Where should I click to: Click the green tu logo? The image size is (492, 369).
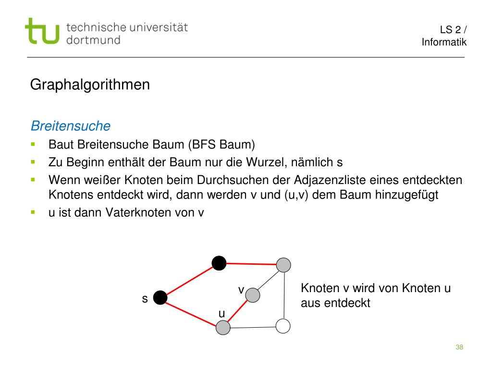[x=42, y=32]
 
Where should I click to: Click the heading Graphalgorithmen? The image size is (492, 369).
[x=90, y=85]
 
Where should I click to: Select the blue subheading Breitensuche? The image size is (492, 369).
[x=71, y=126]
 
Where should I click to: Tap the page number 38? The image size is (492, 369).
[x=459, y=347]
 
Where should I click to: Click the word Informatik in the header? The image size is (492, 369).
[x=444, y=42]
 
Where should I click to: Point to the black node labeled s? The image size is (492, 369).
[x=160, y=298]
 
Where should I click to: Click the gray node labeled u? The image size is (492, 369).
[x=223, y=328]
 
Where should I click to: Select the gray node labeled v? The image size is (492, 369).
[x=253, y=295]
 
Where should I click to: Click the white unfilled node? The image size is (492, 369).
[x=283, y=326]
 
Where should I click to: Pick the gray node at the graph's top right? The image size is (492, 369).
[x=284, y=264]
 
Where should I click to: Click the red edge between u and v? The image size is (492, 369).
[x=238, y=311]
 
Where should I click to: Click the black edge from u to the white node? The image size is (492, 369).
[x=253, y=327]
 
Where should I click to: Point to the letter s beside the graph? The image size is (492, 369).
[x=144, y=299]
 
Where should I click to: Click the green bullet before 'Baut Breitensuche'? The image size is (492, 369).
[x=33, y=144]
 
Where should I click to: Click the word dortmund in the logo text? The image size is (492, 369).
[x=93, y=40]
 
